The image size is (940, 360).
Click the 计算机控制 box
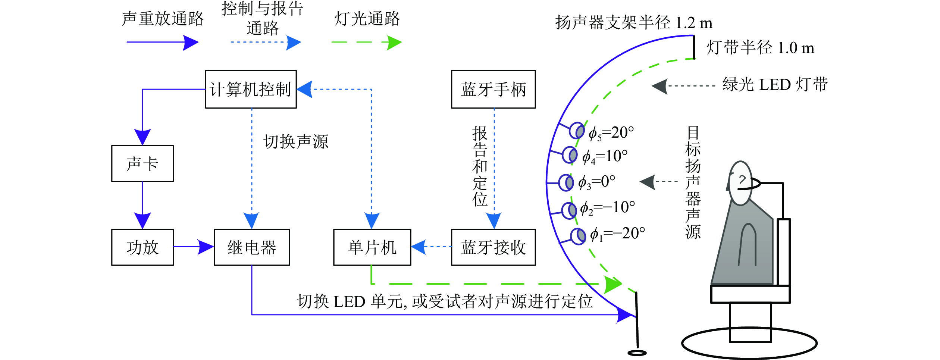click(251, 89)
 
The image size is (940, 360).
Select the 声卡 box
click(142, 163)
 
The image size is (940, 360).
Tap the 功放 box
click(142, 247)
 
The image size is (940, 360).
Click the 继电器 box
click(251, 247)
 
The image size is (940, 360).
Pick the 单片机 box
click(372, 247)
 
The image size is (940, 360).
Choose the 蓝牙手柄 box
click(493, 89)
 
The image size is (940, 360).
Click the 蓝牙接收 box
click(493, 247)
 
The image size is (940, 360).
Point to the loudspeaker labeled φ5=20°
click(577, 131)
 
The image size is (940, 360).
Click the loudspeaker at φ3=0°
click(566, 183)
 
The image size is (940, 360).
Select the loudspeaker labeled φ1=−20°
click(578, 237)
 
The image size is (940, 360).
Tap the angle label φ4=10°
click(605, 156)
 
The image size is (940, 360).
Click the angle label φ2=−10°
click(607, 208)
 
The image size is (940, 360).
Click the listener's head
click(740, 183)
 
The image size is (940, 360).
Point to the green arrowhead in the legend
click(394, 43)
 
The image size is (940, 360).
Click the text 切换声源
click(296, 142)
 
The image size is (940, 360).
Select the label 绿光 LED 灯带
click(775, 85)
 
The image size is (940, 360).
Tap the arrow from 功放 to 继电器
click(194, 247)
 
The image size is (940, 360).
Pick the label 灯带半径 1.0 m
click(760, 48)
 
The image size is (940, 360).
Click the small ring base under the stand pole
click(637, 353)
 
